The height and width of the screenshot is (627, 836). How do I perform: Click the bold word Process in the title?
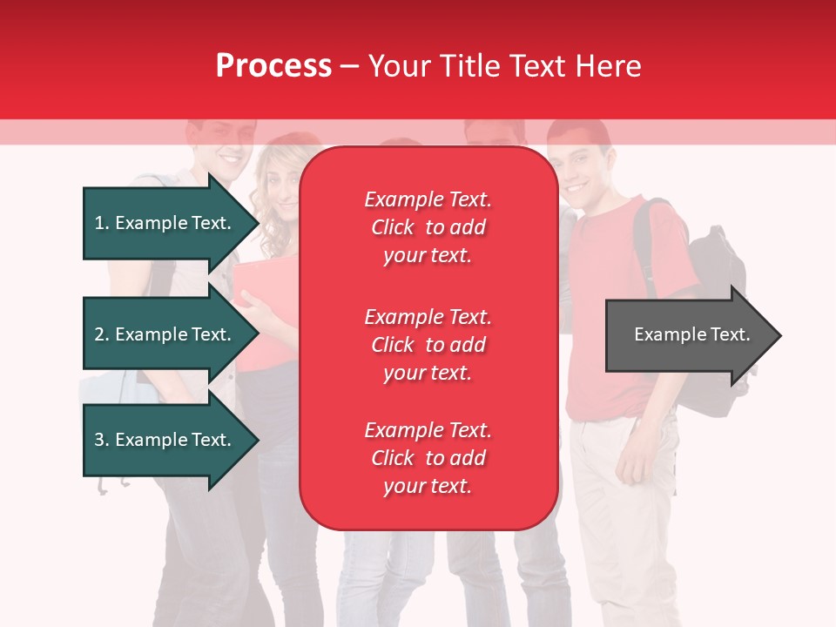[273, 66]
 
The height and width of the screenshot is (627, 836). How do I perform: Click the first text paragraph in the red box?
[428, 227]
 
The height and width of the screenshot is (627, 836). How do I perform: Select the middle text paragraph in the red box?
[428, 345]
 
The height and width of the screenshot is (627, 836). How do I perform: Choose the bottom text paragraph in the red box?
[428, 458]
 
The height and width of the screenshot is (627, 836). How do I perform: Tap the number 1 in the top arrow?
[99, 223]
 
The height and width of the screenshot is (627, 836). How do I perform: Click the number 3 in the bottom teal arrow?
[99, 440]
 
